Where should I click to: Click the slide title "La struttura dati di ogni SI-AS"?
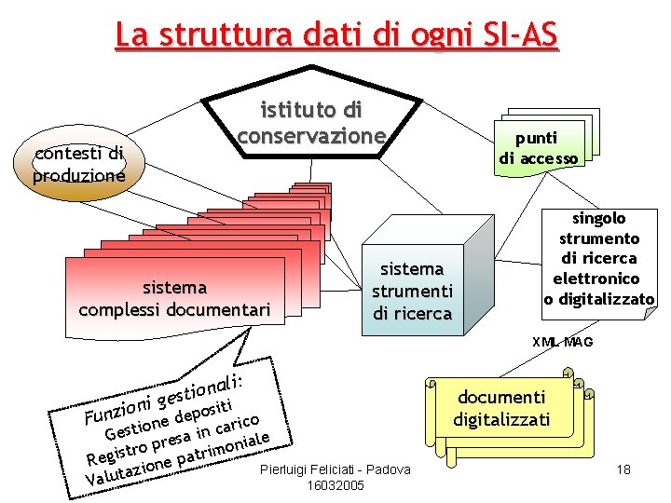tap(336, 34)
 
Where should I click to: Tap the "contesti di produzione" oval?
tap(78, 163)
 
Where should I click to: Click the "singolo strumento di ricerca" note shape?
tap(597, 258)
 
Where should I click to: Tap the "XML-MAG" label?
tap(562, 342)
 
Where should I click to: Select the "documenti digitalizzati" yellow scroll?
tap(502, 408)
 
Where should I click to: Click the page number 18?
tap(623, 469)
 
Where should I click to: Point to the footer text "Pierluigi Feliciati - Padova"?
tap(335, 469)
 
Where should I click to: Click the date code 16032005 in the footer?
tap(335, 486)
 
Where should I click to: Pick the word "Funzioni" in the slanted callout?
tap(116, 409)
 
